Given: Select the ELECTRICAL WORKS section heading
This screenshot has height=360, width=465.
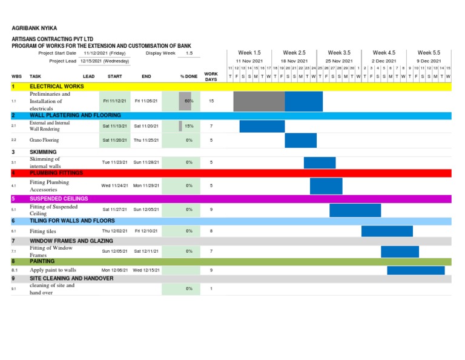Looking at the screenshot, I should [x=57, y=87].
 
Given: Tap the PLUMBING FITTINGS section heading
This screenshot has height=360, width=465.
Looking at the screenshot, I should [x=56, y=173].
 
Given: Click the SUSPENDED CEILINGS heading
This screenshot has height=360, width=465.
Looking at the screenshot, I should [x=59, y=198].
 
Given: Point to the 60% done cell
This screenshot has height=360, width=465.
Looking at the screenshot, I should [x=189, y=101].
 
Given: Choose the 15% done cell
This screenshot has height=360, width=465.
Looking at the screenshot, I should [x=189, y=126].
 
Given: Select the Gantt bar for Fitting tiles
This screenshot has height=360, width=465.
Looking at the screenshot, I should [x=387, y=231].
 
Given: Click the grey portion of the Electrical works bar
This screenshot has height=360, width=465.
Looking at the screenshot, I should [x=259, y=101].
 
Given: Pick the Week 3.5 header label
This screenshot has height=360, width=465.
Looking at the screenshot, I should [x=339, y=53].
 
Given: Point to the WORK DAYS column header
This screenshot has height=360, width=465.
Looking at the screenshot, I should [x=211, y=76].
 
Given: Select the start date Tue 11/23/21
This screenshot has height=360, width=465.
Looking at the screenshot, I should [x=114, y=162].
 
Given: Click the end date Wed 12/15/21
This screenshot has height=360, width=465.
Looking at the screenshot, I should [x=147, y=270].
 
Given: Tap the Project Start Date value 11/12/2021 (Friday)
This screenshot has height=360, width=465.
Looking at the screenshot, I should [x=105, y=53].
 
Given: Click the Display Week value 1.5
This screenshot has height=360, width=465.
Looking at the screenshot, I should [x=189, y=53].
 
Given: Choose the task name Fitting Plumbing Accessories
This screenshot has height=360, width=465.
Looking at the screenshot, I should [x=49, y=185].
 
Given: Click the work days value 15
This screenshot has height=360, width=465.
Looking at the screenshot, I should [x=211, y=101].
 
